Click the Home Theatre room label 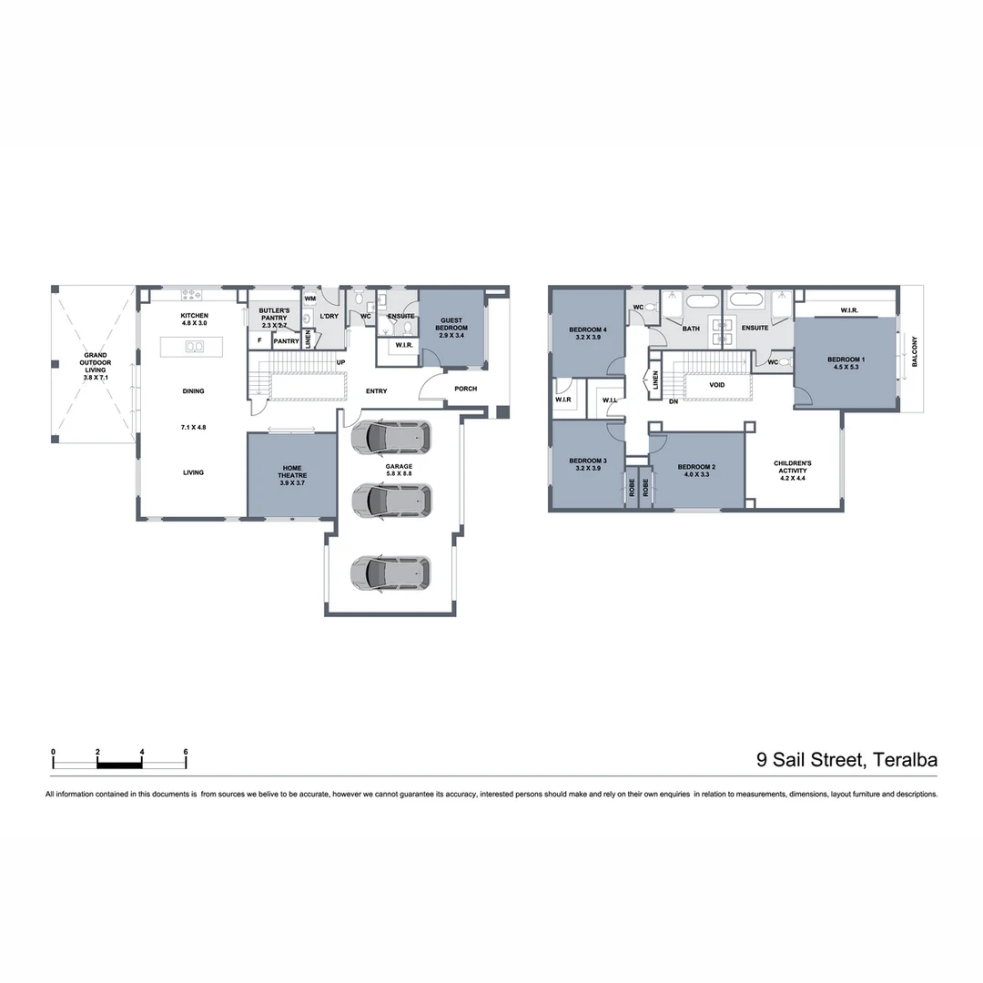click(292, 472)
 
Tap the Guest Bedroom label click(453, 324)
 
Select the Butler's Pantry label click(274, 314)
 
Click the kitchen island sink click(195, 347)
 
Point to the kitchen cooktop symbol click(193, 294)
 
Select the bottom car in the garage click(390, 572)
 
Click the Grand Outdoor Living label click(96, 360)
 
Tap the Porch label click(466, 389)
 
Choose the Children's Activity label click(792, 467)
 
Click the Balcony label click(915, 351)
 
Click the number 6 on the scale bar click(186, 752)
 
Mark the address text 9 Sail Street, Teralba click(846, 759)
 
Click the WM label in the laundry click(309, 299)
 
